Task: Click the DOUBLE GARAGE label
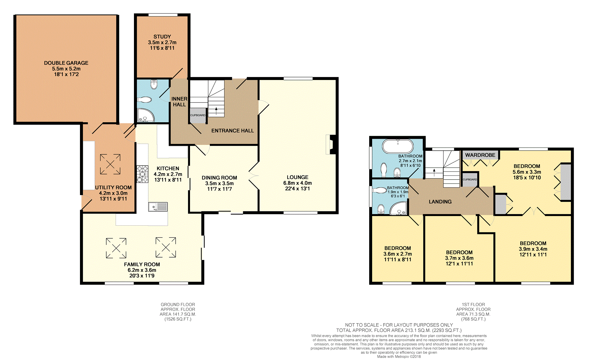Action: click(66, 63)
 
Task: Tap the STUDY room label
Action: click(162, 37)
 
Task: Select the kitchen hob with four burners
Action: click(142, 174)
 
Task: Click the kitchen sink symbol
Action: click(158, 207)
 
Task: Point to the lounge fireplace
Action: click(332, 144)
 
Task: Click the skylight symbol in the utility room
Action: click(110, 164)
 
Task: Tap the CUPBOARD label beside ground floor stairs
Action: click(198, 115)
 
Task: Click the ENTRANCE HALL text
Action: click(232, 131)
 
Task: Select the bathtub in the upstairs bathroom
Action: click(398, 146)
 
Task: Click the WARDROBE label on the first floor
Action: click(480, 155)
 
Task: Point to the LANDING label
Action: click(440, 202)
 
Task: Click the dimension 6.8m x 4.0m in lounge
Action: click(297, 183)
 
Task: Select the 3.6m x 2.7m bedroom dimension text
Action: click(398, 254)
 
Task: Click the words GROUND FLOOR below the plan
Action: click(178, 305)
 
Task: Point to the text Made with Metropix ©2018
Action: click(399, 356)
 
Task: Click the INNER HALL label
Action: click(179, 102)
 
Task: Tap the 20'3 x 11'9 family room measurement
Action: click(142, 276)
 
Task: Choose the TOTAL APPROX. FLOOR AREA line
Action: click(399, 330)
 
